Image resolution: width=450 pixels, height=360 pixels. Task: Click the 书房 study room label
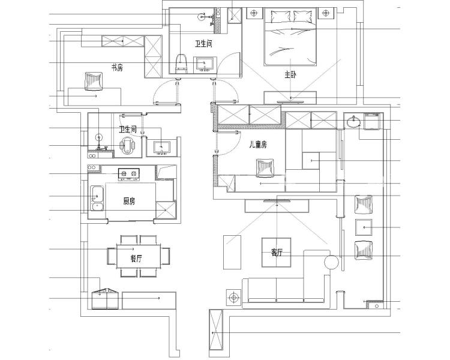point(116,68)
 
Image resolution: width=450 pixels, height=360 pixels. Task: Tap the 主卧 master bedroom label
point(290,75)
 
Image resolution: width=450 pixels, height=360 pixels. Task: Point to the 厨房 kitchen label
point(129,201)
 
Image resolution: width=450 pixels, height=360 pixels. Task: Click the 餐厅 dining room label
point(136,259)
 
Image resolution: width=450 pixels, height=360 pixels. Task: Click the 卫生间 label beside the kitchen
point(127,129)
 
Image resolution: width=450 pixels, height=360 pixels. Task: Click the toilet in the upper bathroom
point(181,62)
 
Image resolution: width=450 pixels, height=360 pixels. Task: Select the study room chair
point(94,79)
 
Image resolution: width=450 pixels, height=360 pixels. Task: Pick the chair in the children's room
point(263,168)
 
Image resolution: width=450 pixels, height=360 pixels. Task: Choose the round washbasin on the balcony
point(353,122)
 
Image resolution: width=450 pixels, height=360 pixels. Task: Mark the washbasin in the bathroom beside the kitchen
point(161,146)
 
